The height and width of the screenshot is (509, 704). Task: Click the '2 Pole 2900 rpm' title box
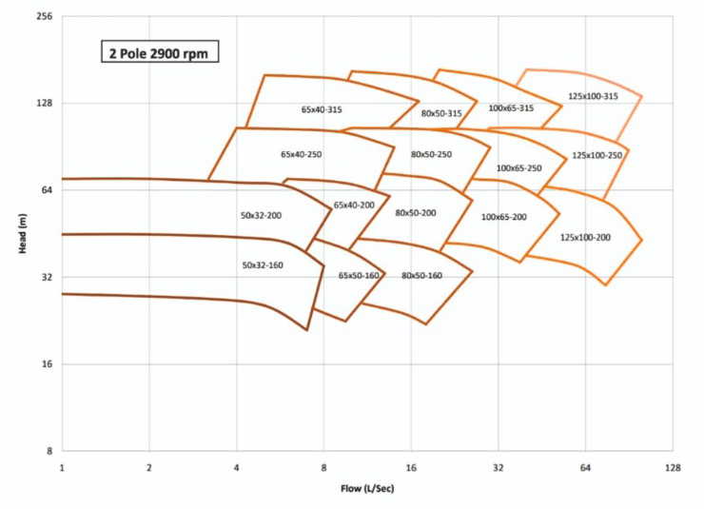[x=160, y=51]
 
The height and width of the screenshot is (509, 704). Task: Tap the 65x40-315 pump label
[x=322, y=109]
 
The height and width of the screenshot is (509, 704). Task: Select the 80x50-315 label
[x=441, y=113]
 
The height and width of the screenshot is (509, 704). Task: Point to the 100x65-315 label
[x=511, y=108]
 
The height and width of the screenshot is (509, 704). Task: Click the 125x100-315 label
[x=593, y=96]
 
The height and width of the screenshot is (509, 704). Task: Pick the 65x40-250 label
[x=302, y=153]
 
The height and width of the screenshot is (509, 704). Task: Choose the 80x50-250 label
[x=431, y=153]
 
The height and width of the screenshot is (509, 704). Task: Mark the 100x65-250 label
[x=518, y=167]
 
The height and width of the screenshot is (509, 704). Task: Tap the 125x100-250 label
[x=596, y=155]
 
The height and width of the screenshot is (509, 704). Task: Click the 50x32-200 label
[x=262, y=216]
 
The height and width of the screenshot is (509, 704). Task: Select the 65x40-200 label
[x=354, y=205]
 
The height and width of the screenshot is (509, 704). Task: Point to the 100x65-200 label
[x=503, y=217]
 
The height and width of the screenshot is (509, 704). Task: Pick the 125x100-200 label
[x=585, y=237]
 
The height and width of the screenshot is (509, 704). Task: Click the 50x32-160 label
[x=263, y=264]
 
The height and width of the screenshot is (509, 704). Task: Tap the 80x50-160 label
[x=421, y=275]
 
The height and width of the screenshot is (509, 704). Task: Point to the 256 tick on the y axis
[x=44, y=16]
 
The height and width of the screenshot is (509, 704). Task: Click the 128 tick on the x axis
[x=673, y=468]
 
